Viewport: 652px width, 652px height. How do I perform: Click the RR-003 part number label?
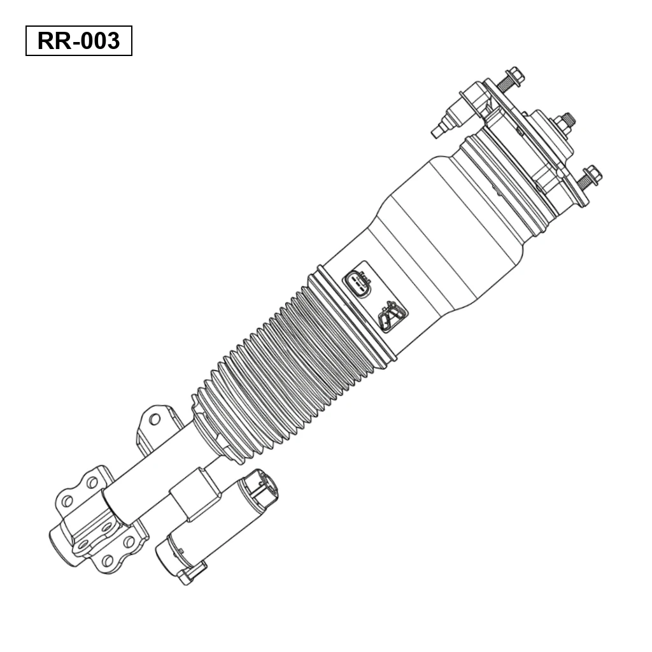tap(78, 41)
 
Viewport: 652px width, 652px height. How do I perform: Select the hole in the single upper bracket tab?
tap(154, 419)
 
